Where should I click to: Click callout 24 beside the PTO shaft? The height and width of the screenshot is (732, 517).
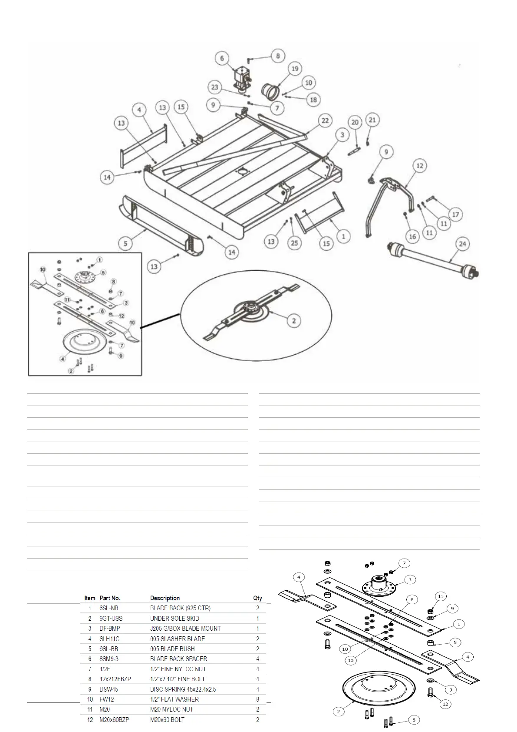462,244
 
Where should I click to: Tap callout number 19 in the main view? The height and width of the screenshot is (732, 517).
295,69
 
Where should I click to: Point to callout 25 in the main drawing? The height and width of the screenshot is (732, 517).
295,243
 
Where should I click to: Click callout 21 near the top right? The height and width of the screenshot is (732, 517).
372,119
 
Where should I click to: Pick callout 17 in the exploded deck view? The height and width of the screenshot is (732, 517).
455,214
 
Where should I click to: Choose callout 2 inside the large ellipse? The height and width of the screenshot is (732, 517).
294,321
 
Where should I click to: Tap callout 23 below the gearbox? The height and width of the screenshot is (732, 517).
214,87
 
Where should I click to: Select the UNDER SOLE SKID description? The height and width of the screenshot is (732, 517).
175,618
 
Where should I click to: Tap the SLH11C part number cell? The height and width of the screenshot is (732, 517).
109,639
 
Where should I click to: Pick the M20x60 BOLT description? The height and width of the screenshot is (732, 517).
167,720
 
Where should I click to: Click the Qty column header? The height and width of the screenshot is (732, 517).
258,598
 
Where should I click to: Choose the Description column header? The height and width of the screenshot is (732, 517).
165,598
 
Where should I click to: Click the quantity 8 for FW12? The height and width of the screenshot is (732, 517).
258,699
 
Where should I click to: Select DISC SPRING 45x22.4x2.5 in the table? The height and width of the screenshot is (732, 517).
183,689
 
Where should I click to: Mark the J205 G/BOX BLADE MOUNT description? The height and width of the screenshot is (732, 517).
185,629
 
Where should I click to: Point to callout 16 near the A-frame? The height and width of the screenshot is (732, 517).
412,236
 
